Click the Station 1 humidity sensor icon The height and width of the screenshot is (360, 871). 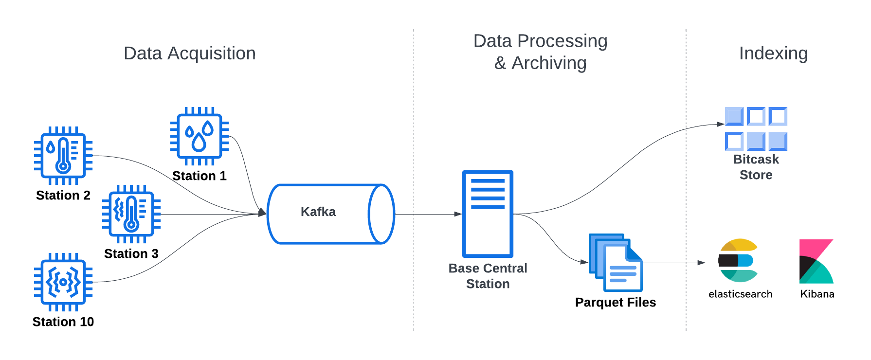[x=200, y=136]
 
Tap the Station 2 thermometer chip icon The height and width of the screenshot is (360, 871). [x=63, y=156]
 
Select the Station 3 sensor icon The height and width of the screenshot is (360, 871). [x=131, y=214]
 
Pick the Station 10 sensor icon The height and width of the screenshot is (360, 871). [x=63, y=282]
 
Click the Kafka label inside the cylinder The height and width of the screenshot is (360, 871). [x=318, y=212]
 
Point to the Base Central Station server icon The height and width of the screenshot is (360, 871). [x=488, y=214]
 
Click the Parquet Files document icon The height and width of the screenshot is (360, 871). [x=616, y=262]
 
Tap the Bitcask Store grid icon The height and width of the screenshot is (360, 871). [x=756, y=129]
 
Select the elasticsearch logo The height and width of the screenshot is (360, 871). [x=738, y=260]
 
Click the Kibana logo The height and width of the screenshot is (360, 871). [x=816, y=261]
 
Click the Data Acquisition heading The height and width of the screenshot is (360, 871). [x=190, y=54]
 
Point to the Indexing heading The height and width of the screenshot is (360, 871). [x=773, y=54]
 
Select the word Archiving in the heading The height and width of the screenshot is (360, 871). [x=549, y=63]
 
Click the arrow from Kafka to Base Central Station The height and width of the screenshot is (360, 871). [x=428, y=214]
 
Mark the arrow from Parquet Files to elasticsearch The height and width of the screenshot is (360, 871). [x=674, y=263]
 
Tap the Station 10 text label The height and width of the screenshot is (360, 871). [x=63, y=322]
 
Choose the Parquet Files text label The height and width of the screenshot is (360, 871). [x=616, y=303]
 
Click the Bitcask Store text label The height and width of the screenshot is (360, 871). [x=756, y=167]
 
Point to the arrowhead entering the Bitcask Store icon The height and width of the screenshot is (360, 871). [x=721, y=124]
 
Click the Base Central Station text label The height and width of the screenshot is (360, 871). [x=488, y=276]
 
